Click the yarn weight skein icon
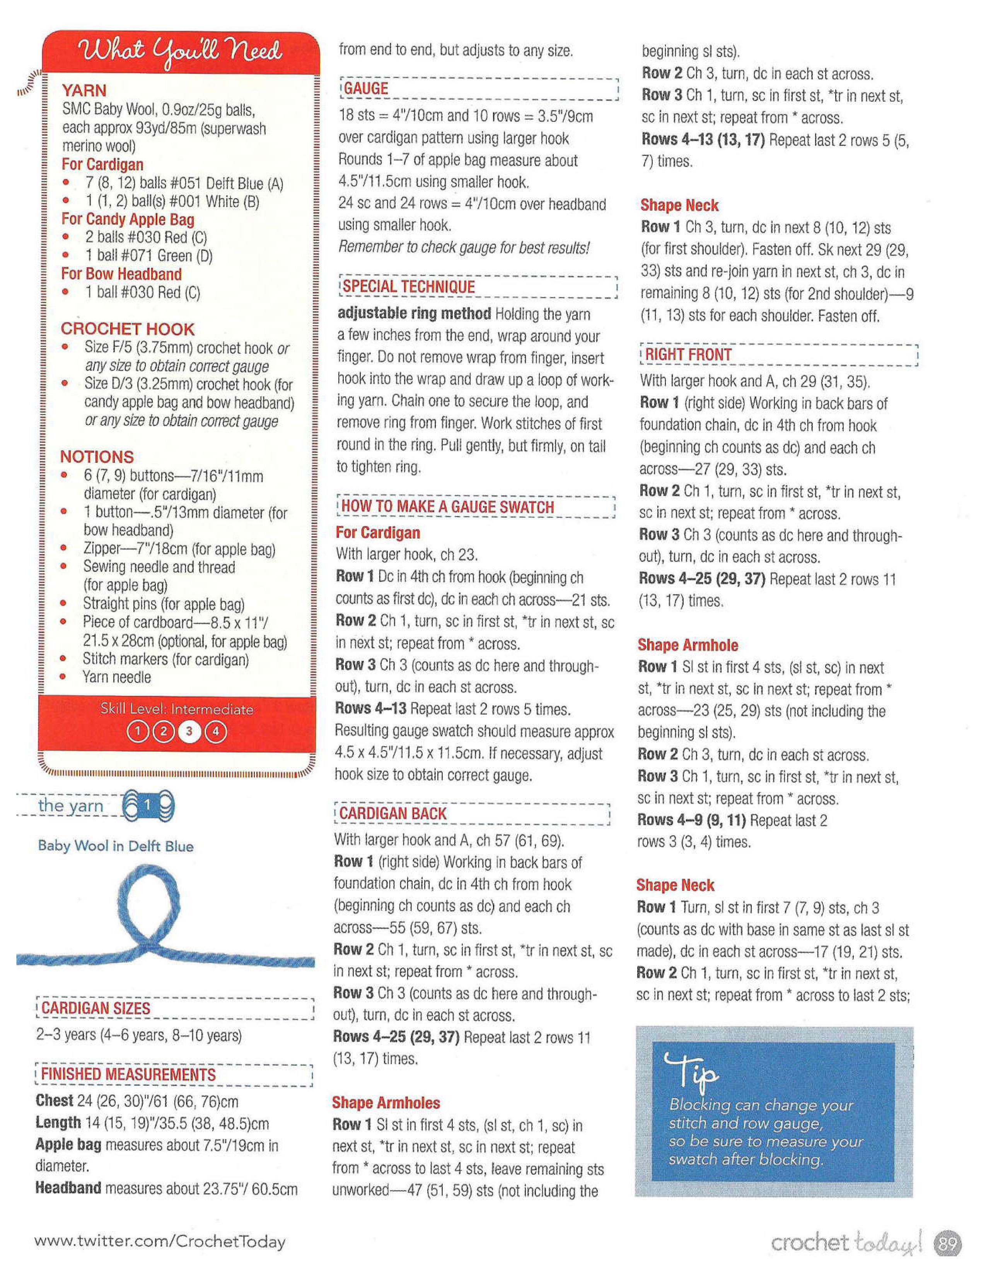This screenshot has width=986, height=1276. (148, 806)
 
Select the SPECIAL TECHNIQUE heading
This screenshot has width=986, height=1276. (408, 287)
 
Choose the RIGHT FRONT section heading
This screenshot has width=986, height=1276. (688, 355)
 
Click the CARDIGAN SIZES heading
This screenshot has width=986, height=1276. (96, 1008)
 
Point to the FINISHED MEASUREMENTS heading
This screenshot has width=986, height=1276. (128, 1075)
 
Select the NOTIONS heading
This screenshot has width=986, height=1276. (97, 457)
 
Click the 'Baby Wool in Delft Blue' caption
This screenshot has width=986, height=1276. (116, 846)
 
